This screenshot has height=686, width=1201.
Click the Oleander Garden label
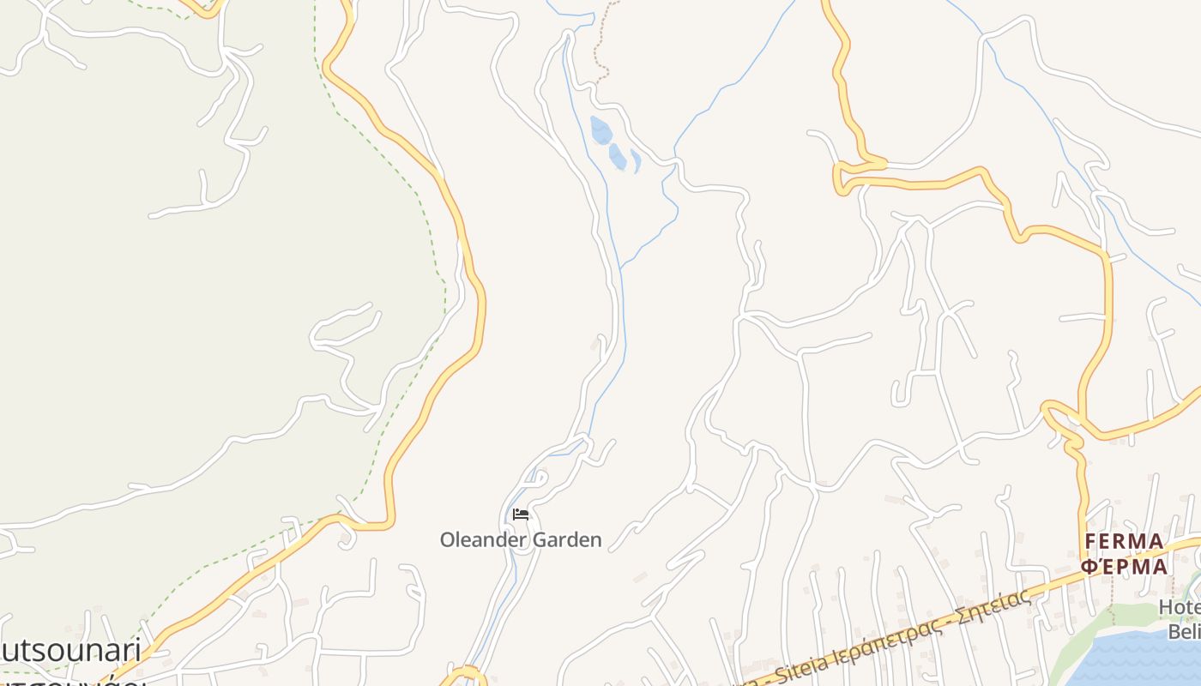click(x=521, y=540)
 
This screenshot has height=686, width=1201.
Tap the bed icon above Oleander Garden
click(x=521, y=514)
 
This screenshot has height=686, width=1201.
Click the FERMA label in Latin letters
click(x=1124, y=542)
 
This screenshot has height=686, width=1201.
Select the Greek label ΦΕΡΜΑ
click(x=1124, y=567)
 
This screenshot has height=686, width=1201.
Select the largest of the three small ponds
click(x=601, y=130)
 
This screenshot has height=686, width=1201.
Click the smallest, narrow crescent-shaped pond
click(x=636, y=160)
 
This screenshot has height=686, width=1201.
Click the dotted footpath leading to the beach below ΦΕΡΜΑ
click(x=1113, y=600)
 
